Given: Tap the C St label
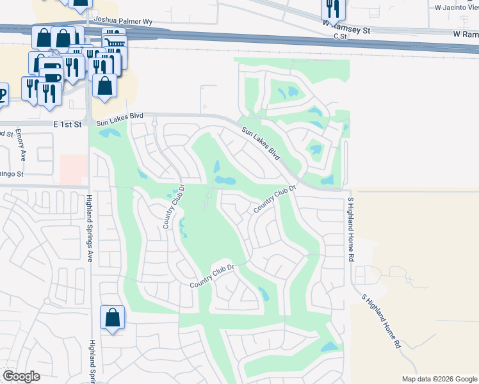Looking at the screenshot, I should point(339,36).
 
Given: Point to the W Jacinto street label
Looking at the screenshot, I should point(456,8).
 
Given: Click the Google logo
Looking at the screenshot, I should point(21,376).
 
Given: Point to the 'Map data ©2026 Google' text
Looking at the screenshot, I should point(439,379).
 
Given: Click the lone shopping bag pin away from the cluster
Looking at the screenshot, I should point(112,318).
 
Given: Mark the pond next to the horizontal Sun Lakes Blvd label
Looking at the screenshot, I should point(108,133).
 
